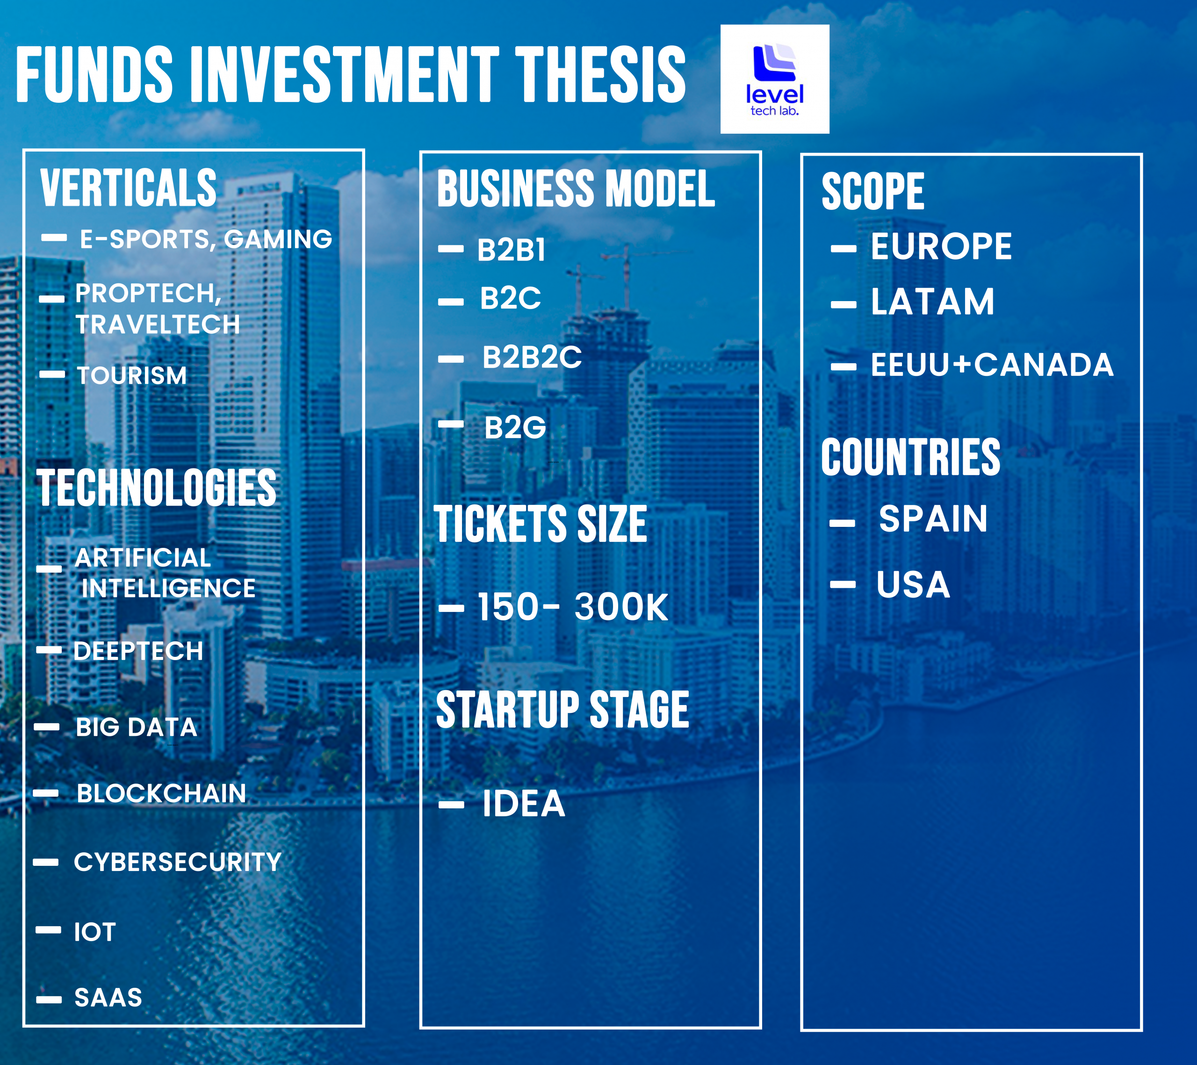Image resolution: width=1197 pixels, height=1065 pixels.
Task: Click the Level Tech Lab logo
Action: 774,79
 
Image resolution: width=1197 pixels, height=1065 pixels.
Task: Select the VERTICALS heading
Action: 128,188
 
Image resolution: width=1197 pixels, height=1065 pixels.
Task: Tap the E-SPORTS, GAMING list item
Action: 206,239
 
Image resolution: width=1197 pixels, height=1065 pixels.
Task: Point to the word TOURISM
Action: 132,375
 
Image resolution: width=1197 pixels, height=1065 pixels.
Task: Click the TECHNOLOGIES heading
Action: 156,488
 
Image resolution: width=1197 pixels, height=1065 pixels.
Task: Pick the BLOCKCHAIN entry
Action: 161,793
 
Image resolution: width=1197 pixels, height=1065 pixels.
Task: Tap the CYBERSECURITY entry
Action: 177,862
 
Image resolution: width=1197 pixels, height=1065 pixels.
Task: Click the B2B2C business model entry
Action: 532,357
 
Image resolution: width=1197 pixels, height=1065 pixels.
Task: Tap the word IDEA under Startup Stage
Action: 523,803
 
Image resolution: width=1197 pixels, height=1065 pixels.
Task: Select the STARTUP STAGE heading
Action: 562,710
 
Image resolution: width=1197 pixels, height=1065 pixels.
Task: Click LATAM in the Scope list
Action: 932,302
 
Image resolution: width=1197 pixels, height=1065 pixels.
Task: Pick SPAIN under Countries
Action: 933,519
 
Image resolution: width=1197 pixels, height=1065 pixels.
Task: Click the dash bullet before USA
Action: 843,584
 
